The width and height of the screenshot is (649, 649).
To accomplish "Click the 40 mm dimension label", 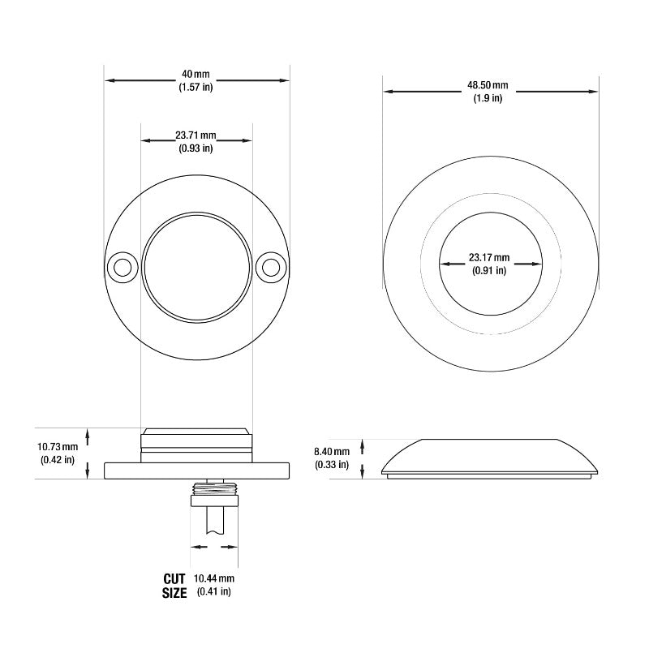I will (196, 75).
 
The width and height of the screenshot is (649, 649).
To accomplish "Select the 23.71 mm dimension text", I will (196, 135).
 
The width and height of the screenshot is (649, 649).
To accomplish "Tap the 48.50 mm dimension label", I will (488, 85).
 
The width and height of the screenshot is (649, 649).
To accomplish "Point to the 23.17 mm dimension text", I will (489, 258).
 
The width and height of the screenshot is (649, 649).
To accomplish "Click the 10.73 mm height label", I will (58, 447).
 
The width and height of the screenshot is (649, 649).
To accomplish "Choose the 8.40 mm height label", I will (331, 452).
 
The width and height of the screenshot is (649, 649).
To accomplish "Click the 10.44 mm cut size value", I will (214, 578).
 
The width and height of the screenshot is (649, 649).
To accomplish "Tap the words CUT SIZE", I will (174, 586).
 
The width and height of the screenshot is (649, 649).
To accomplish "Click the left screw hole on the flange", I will (123, 266).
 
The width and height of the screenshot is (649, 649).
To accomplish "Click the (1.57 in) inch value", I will (196, 88).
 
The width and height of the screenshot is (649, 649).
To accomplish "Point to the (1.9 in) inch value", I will (488, 98).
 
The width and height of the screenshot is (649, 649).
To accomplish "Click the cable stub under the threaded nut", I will (214, 519).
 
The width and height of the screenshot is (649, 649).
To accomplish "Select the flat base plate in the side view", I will (197, 470).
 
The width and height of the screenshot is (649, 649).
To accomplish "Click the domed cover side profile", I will (491, 456).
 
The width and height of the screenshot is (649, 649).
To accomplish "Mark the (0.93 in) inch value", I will (196, 148).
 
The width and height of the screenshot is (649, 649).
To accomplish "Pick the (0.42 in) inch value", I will (58, 460).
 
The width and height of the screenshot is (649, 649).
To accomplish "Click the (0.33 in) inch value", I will (331, 465).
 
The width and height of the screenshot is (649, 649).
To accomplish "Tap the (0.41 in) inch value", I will (214, 591).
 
